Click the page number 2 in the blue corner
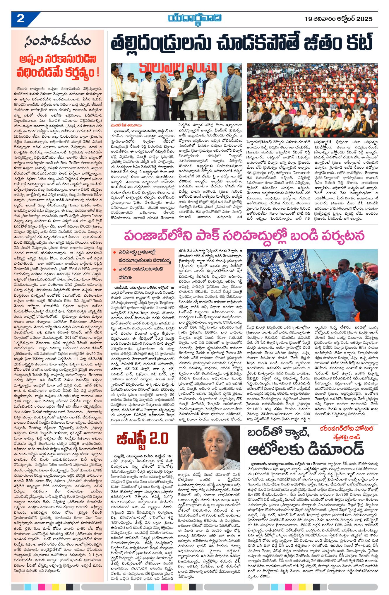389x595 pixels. [x=20, y=19]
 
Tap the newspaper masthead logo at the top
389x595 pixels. [x=195, y=18]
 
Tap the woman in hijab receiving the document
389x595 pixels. [x=164, y=94]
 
